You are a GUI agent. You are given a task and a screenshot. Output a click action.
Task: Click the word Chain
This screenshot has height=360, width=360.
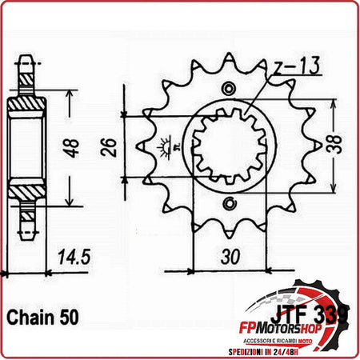pos(30,316)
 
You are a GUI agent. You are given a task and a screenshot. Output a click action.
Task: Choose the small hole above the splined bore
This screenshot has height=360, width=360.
pos(230,87)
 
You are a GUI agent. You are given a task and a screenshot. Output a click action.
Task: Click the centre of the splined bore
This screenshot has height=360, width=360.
pos(230,145)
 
